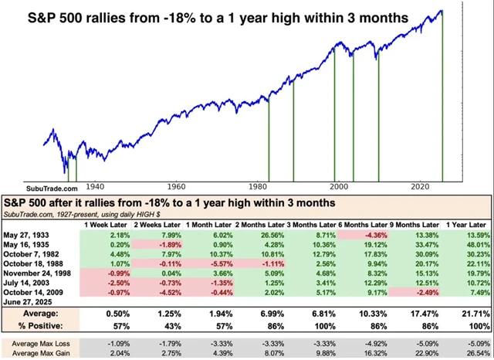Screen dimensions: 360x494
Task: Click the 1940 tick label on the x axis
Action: tap(94, 186)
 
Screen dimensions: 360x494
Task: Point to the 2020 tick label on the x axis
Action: tap(420, 186)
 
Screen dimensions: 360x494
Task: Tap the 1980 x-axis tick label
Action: tap(258, 186)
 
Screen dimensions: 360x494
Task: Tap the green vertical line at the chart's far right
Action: tap(442, 100)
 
